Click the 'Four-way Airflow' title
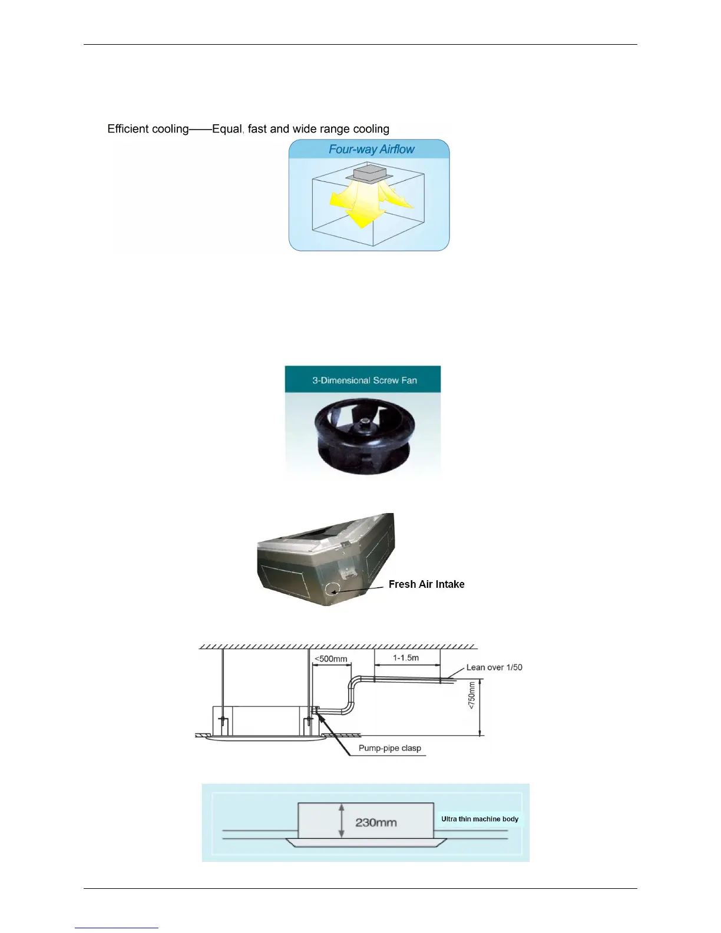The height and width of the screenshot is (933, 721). pos(371,150)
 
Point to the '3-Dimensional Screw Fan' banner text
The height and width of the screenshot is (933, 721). pos(364,381)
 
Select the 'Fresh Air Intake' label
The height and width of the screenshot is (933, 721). pos(426,584)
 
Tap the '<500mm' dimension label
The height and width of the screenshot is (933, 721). pos(330,659)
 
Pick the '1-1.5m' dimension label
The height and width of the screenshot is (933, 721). pos(406,658)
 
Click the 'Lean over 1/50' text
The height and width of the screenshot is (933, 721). pos(494,667)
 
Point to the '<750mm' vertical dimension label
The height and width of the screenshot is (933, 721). pos(472,695)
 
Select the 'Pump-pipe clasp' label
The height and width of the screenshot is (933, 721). pos(389,749)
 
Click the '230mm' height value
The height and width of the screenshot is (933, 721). pos(376,822)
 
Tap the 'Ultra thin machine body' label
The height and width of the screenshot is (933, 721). pos(479,819)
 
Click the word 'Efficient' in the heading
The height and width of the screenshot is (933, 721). pos(127,129)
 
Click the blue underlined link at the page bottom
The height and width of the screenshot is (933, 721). pos(117,928)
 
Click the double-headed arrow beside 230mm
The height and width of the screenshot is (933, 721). pos(342,821)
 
